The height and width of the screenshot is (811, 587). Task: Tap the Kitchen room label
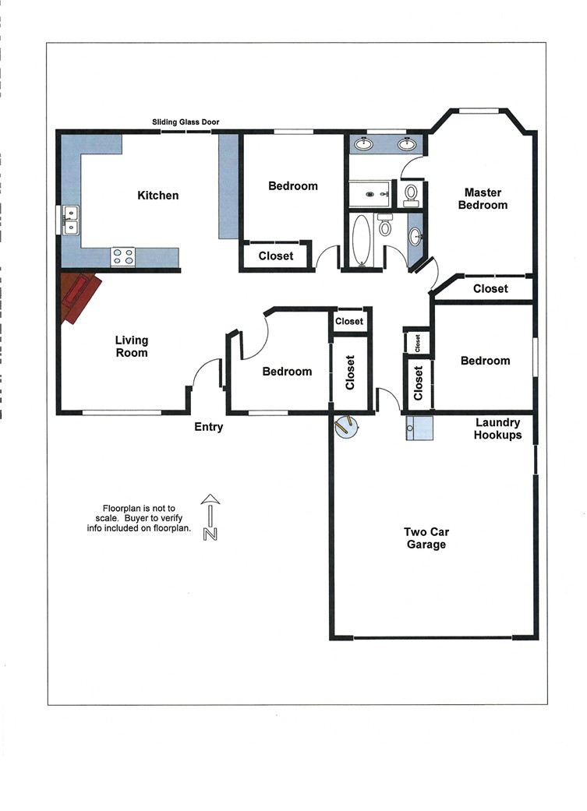click(158, 196)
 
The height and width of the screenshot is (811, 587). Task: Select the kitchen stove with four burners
click(122, 256)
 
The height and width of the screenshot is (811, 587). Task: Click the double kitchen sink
click(70, 220)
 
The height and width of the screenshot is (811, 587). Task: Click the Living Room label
click(132, 347)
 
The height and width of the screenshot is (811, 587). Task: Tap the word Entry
click(209, 427)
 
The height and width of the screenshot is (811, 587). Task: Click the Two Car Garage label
click(426, 538)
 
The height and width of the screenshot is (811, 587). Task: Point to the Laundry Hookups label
click(498, 429)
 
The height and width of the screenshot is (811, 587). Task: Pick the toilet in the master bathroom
click(411, 192)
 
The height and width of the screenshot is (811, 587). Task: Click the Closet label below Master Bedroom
click(490, 289)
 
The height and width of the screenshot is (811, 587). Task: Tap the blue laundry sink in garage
click(419, 428)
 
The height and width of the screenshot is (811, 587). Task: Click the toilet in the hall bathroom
click(385, 227)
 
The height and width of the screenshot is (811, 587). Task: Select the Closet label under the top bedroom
click(276, 256)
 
